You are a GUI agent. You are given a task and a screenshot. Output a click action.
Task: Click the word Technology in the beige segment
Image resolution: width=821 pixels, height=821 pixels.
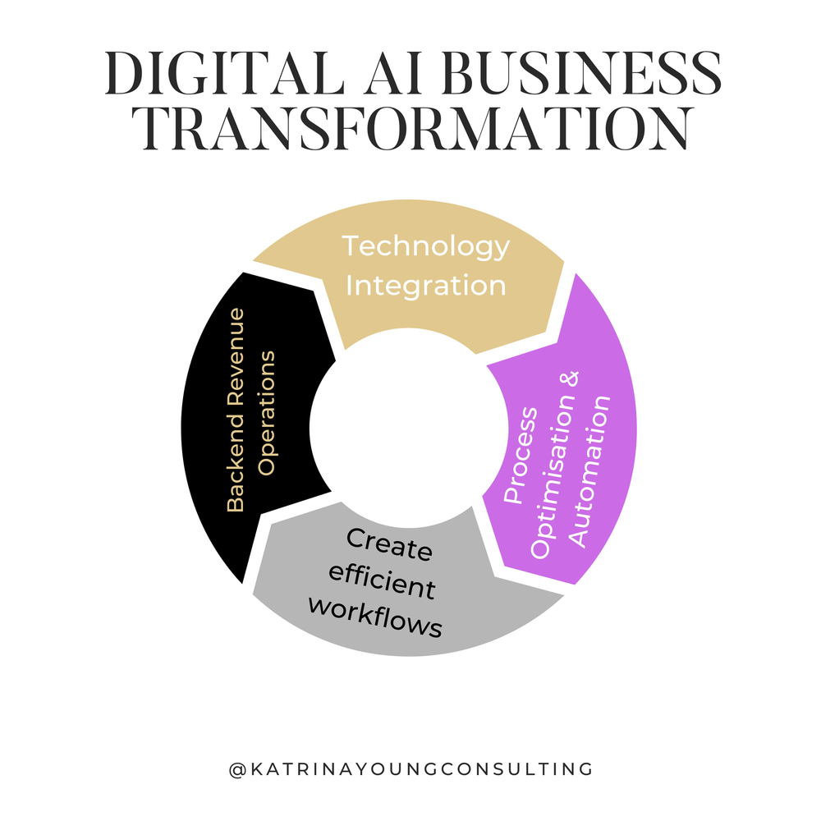tap(425, 245)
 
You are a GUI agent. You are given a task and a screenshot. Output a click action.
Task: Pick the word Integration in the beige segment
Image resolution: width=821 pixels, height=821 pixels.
tap(425, 286)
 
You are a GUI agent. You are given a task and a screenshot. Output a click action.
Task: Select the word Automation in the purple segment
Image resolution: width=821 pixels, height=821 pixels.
tap(590, 472)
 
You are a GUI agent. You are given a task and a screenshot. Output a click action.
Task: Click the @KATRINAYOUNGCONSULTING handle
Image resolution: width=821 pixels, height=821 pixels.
tap(410, 769)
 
